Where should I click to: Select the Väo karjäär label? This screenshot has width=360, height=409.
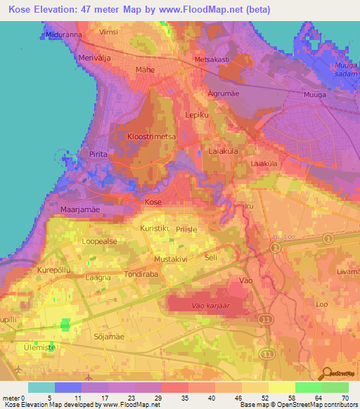coord(211,306)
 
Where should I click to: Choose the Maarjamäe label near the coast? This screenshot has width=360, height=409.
coord(61,207)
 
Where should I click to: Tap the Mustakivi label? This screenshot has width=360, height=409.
coord(172,259)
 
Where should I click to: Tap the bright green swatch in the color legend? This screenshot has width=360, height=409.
coord(308,387)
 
